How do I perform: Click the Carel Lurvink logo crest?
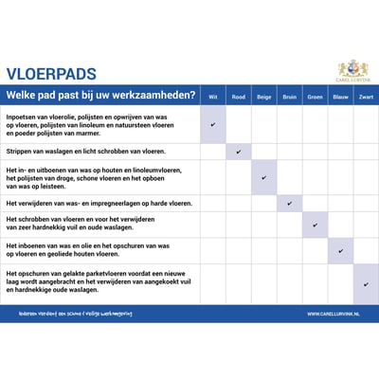click(352, 69)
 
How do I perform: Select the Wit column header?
click(213, 97)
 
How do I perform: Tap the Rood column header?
click(239, 97)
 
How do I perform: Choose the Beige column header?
click(264, 97)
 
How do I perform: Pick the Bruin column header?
click(290, 97)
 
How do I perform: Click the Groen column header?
click(316, 97)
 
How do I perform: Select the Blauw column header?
click(341, 97)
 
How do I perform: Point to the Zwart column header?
click(366, 97)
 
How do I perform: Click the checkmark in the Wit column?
click(213, 124)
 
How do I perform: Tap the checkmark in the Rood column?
click(239, 151)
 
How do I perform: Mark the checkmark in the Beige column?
click(264, 177)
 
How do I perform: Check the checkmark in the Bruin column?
click(290, 203)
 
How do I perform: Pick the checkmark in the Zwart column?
click(366, 283)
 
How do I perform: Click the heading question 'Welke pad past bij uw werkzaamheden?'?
click(101, 96)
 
